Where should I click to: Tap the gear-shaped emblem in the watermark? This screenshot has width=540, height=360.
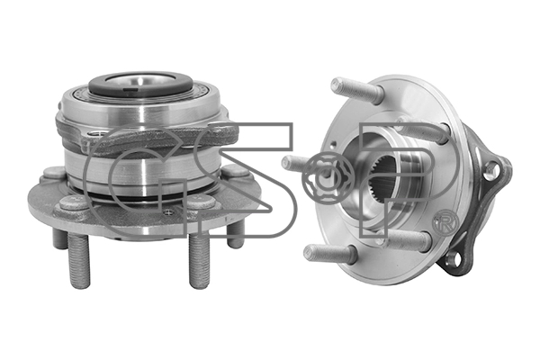[328, 178]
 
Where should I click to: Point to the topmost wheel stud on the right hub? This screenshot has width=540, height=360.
[357, 89]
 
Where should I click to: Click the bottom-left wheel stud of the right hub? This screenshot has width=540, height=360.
[328, 254]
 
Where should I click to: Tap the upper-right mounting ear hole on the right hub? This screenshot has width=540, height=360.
[491, 170]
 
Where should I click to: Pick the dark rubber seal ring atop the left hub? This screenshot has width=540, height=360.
[140, 84]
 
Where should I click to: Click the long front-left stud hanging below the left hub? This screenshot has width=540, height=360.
[79, 259]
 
